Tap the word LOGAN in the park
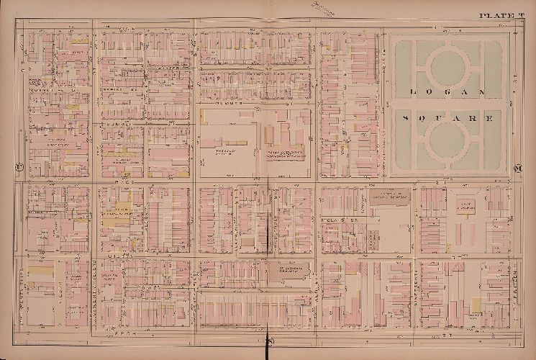tap(446, 91)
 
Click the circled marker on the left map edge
tap(17, 168)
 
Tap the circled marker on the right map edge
tap(519, 168)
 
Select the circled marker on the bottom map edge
tap(268, 341)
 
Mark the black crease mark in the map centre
tap(268, 223)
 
